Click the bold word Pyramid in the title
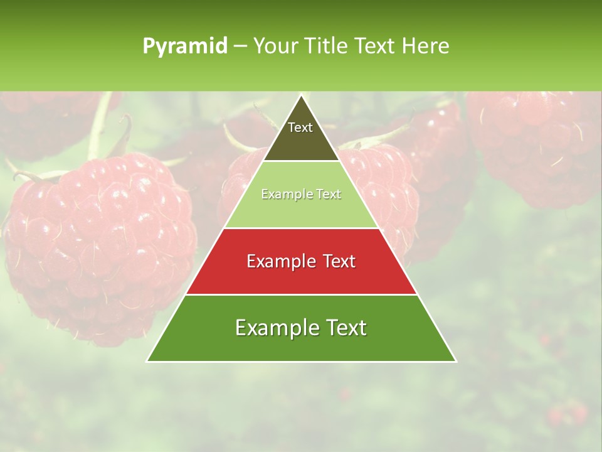[x=184, y=46]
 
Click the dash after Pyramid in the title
[x=240, y=47]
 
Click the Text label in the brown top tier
[x=300, y=127]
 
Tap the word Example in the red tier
[x=278, y=261]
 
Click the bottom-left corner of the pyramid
[x=147, y=361]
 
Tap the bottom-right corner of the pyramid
[x=456, y=361]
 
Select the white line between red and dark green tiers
[x=302, y=294]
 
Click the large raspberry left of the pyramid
[x=100, y=245]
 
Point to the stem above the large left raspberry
[x=100, y=126]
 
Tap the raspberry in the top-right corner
[x=539, y=144]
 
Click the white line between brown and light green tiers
[x=302, y=161]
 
